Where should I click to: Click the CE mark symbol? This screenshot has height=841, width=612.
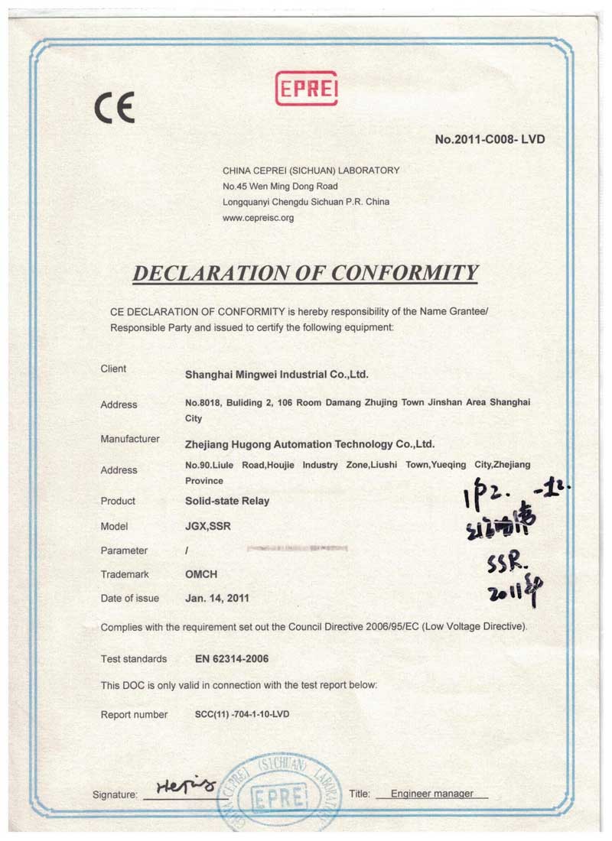tap(115, 108)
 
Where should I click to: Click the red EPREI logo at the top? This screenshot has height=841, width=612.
tap(305, 88)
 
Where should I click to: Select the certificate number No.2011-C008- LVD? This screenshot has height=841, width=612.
tap(490, 140)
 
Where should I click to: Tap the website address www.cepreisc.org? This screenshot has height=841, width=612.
tap(258, 218)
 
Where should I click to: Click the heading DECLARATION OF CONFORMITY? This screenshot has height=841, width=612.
tap(305, 273)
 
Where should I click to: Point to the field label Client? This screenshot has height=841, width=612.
tap(113, 369)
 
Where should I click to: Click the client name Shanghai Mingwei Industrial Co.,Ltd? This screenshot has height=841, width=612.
tap(277, 375)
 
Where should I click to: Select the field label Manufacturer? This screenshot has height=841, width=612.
tap(130, 439)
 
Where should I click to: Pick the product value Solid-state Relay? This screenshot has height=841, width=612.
tap(227, 501)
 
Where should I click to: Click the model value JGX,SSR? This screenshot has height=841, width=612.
tap(208, 527)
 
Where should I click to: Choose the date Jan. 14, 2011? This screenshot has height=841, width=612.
tap(217, 598)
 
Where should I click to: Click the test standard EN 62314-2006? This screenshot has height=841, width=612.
tap(232, 658)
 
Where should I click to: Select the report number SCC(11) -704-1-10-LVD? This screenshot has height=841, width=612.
tap(243, 714)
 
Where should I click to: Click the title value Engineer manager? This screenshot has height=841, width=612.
tap(431, 794)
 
